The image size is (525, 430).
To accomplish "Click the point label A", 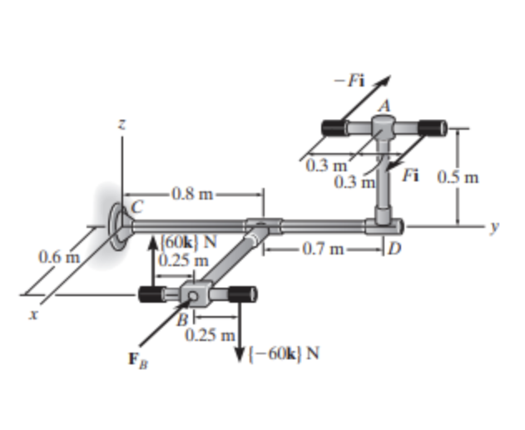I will [384, 104].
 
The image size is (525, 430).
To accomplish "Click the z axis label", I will [121, 124].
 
